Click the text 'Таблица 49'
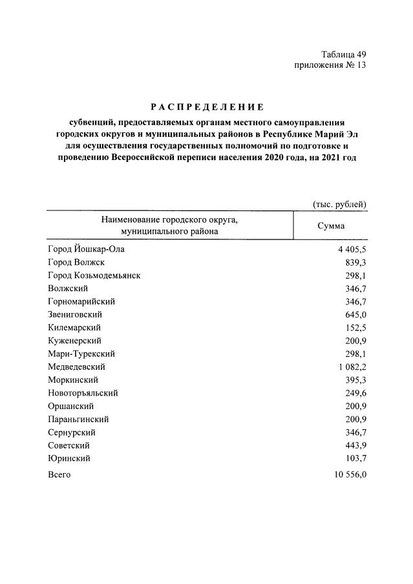click(x=343, y=54)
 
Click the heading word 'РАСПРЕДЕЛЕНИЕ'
click(x=206, y=107)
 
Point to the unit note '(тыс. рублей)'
click(x=339, y=204)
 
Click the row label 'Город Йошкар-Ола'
click(x=85, y=249)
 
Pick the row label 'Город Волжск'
click(x=76, y=262)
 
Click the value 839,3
click(x=354, y=262)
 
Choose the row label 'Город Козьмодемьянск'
click(x=94, y=276)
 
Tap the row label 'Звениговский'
click(x=75, y=314)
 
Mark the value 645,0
click(x=354, y=314)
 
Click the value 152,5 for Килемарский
click(x=354, y=328)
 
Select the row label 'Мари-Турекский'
click(x=81, y=354)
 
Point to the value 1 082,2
click(x=349, y=367)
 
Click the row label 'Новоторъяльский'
click(x=83, y=393)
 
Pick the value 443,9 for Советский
click(x=354, y=445)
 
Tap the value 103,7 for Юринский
click(x=354, y=458)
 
